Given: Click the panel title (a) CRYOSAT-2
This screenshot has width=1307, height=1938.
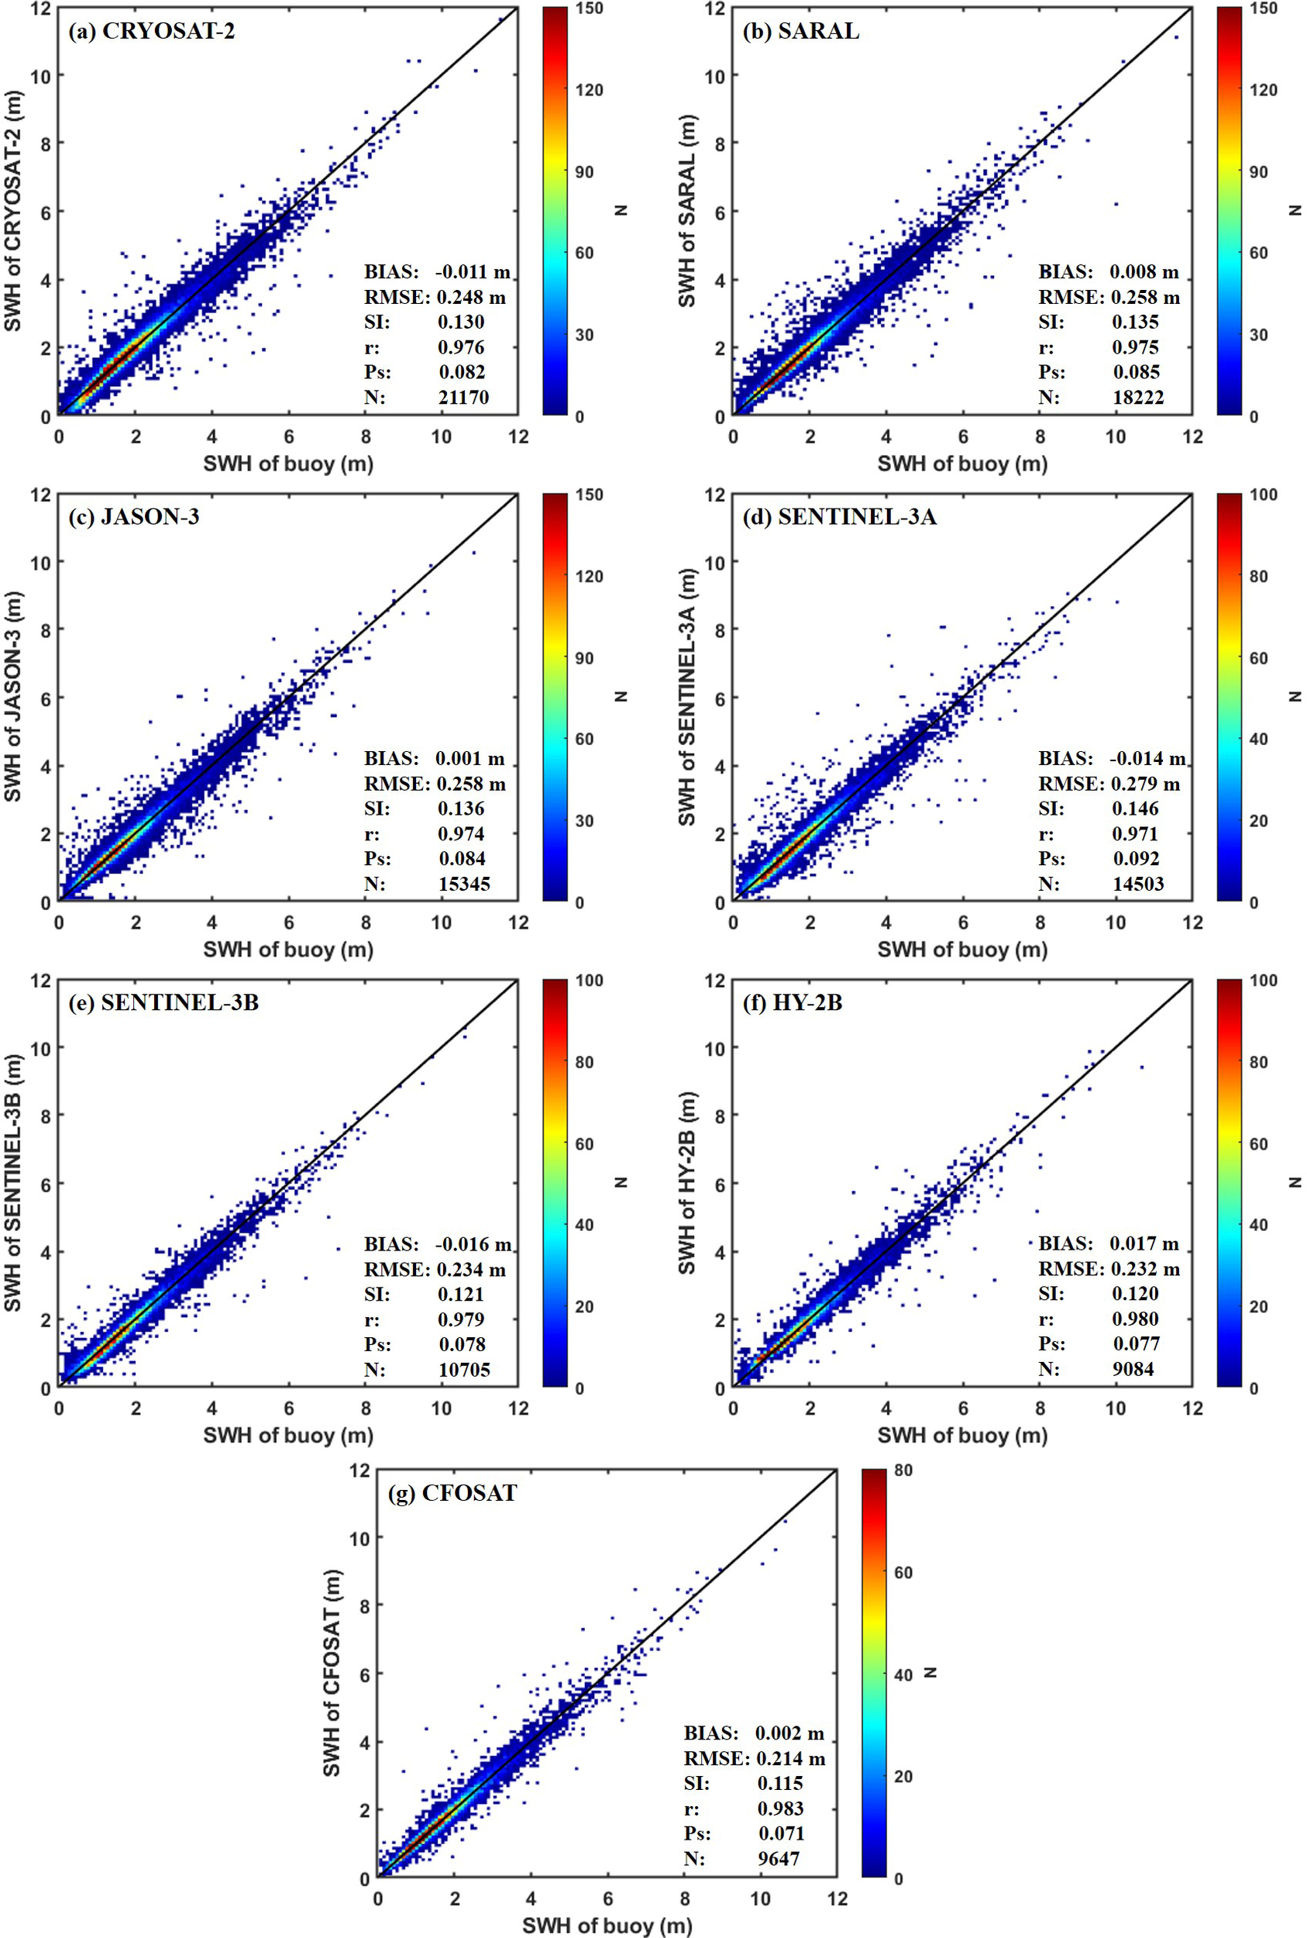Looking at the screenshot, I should pyautogui.click(x=152, y=32).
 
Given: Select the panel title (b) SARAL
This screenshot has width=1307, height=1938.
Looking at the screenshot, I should pyautogui.click(x=800, y=32).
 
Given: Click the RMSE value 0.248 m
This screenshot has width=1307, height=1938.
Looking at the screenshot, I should pyautogui.click(x=471, y=297).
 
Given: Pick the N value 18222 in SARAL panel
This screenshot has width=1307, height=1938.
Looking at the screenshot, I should pyautogui.click(x=1138, y=397).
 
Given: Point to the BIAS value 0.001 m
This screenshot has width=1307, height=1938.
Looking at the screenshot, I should pyautogui.click(x=469, y=758).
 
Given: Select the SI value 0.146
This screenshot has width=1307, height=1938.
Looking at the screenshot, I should pyautogui.click(x=1135, y=808).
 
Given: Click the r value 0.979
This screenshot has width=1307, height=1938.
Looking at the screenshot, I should pyautogui.click(x=461, y=1319).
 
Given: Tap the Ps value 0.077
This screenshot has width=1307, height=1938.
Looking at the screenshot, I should pyautogui.click(x=1136, y=1343).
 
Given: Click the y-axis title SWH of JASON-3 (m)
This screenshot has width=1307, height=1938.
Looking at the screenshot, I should pyautogui.click(x=13, y=697).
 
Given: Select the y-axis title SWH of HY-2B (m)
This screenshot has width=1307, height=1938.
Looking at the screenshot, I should pyautogui.click(x=687, y=1182).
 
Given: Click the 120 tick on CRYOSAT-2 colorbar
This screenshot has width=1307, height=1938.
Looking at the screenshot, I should pyautogui.click(x=590, y=90).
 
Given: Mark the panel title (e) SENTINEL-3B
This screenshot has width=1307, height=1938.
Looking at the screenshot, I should pyautogui.click(x=163, y=1002).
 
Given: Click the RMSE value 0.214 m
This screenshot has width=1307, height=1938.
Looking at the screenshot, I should pyautogui.click(x=791, y=1758).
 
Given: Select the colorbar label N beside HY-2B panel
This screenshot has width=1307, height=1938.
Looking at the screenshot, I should pyautogui.click(x=1295, y=1181).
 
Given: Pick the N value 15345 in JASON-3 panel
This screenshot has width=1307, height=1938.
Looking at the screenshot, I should pyautogui.click(x=464, y=883).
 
